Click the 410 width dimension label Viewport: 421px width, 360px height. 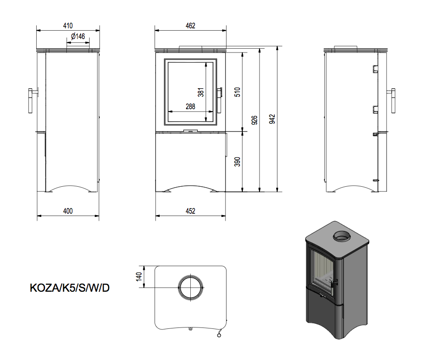coord(68,25)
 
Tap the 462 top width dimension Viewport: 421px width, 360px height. coord(190,25)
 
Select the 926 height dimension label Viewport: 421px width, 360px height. coord(254,120)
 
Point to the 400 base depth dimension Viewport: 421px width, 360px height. coord(68,211)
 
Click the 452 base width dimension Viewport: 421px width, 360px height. coord(190,211)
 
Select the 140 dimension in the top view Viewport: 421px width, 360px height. coord(138,277)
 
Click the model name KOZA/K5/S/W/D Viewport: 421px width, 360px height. coord(70,288)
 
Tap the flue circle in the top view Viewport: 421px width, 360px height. coord(190,288)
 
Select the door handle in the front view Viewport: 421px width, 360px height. coord(220,100)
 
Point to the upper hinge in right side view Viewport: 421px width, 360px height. coord(374,69)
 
